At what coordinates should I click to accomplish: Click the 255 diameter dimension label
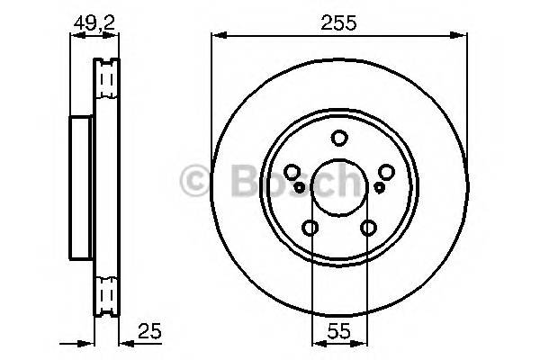339,24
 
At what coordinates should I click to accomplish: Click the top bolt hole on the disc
339,139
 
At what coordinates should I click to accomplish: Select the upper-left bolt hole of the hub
292,173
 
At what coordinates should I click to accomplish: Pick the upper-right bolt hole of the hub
387,173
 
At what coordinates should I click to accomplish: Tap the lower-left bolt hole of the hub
310,229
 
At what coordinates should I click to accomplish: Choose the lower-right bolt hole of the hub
369,229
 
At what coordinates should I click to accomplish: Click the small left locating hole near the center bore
300,185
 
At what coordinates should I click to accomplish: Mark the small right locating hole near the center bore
379,185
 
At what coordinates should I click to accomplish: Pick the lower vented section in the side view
107,292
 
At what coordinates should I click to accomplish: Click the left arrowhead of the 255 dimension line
217,36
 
